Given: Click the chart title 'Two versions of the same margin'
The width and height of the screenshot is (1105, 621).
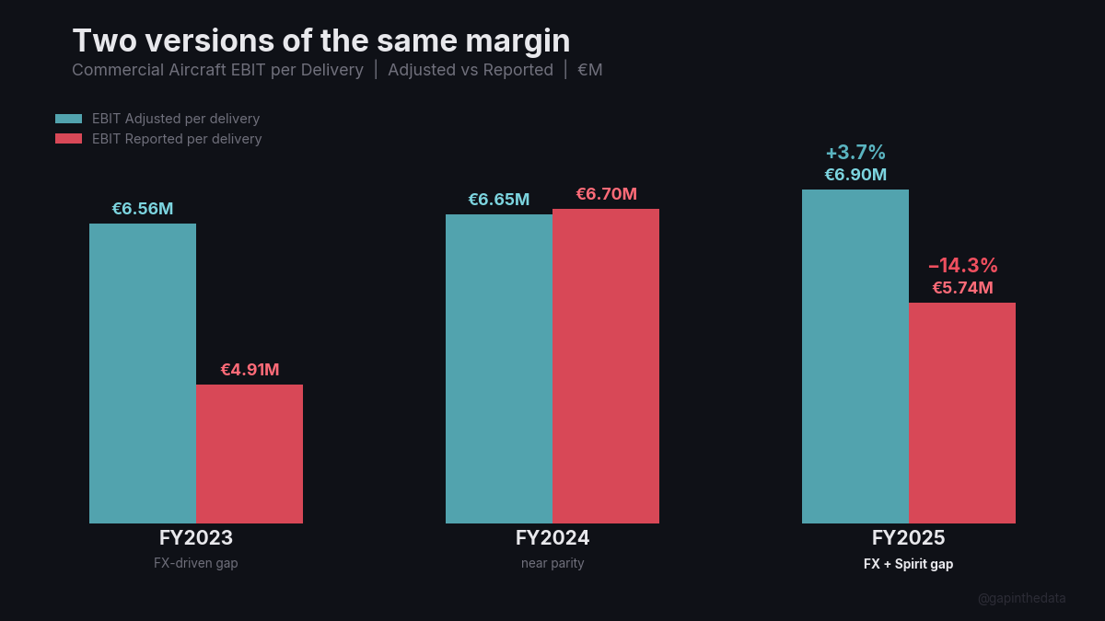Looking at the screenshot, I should pyautogui.click(x=320, y=40).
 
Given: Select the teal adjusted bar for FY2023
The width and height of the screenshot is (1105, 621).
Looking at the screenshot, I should pyautogui.click(x=143, y=373).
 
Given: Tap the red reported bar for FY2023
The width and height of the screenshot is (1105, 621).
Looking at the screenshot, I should pyautogui.click(x=250, y=454).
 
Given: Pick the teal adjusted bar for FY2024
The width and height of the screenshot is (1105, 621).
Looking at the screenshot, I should pyautogui.click(x=499, y=368).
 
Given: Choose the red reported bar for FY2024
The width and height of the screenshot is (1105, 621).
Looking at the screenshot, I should pyautogui.click(x=606, y=366).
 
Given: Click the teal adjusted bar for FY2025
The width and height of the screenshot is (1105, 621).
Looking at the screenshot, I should pyautogui.click(x=855, y=356).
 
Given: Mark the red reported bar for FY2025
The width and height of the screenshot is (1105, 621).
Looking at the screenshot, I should pyautogui.click(x=962, y=412).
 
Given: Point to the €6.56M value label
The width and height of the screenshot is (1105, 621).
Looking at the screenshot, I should pyautogui.click(x=143, y=209).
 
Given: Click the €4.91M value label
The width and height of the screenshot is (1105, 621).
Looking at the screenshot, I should pyautogui.click(x=250, y=370).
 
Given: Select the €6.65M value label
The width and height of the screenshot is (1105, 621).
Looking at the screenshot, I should pyautogui.click(x=499, y=200).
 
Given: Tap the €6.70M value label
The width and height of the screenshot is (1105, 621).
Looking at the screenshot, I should pyautogui.click(x=606, y=194).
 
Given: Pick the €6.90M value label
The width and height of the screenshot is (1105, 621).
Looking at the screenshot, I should pyautogui.click(x=855, y=175).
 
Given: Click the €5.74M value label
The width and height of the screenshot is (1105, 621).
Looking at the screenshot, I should pyautogui.click(x=962, y=288).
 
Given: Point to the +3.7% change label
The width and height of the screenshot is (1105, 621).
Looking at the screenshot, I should pyautogui.click(x=855, y=153).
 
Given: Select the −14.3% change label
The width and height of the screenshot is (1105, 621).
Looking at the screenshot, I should pyautogui.click(x=962, y=266).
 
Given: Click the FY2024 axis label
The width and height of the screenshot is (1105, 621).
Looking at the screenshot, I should pyautogui.click(x=552, y=538).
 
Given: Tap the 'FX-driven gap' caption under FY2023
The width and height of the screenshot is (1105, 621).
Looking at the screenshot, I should pyautogui.click(x=196, y=563).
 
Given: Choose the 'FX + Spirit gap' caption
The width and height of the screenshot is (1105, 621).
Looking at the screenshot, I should pyautogui.click(x=908, y=564).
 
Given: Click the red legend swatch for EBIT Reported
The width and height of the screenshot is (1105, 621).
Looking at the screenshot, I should pyautogui.click(x=69, y=139).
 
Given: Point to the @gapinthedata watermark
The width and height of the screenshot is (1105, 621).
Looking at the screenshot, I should pyautogui.click(x=1021, y=598).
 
